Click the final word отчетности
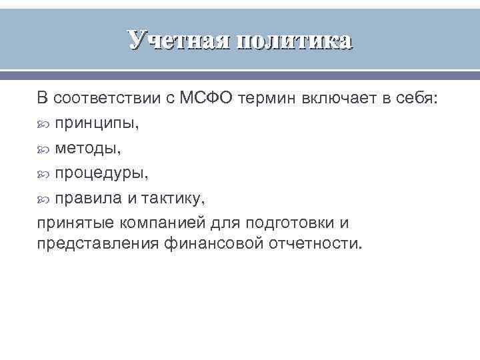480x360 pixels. [313, 243]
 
